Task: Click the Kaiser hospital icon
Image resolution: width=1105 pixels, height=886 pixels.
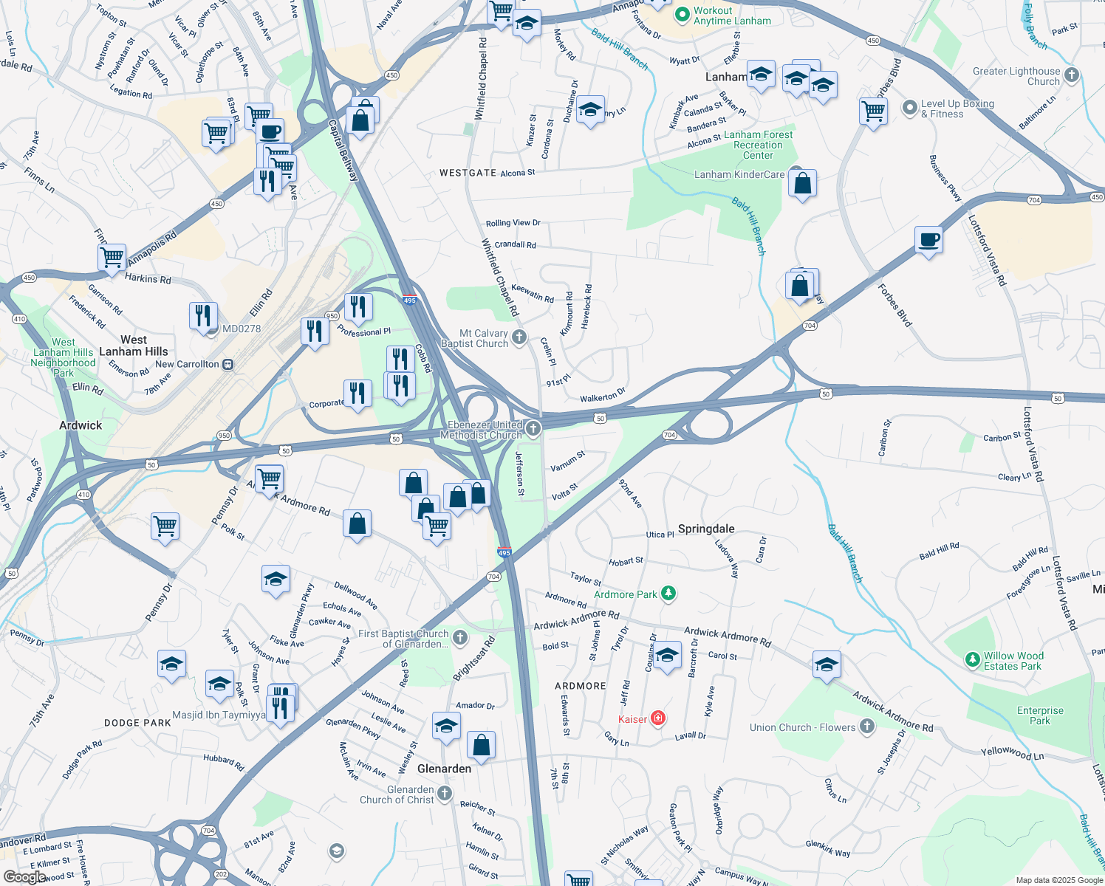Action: (x=658, y=718)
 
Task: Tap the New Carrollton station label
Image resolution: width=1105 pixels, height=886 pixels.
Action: (x=187, y=364)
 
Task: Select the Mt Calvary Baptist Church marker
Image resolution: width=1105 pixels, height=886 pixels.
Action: (x=519, y=337)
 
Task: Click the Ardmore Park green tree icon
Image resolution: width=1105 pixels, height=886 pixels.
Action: (x=668, y=594)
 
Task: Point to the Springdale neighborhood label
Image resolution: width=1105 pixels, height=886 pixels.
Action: (x=706, y=529)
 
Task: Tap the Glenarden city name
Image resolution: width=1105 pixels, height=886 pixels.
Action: (x=444, y=769)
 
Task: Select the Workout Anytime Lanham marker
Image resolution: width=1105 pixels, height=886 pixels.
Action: (x=682, y=14)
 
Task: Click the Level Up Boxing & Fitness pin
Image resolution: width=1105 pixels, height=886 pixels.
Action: (x=909, y=109)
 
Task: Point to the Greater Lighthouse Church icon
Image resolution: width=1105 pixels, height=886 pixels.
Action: (x=1072, y=75)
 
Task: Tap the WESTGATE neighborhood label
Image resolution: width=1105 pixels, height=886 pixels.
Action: (x=468, y=173)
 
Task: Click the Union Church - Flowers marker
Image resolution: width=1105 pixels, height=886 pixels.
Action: (x=867, y=727)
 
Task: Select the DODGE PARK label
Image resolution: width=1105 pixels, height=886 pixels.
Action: (x=137, y=723)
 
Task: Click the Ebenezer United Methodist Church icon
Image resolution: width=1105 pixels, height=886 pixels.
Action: (x=533, y=428)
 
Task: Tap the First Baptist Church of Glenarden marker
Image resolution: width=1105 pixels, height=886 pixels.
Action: (x=460, y=637)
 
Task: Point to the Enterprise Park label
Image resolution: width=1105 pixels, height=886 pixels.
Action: (x=1040, y=715)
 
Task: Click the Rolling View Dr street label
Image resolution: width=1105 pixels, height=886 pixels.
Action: (x=513, y=223)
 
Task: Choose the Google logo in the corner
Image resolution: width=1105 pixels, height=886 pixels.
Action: (x=24, y=876)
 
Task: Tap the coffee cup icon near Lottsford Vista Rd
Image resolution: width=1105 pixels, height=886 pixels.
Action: (x=928, y=240)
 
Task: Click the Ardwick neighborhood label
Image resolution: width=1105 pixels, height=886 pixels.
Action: (x=81, y=425)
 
